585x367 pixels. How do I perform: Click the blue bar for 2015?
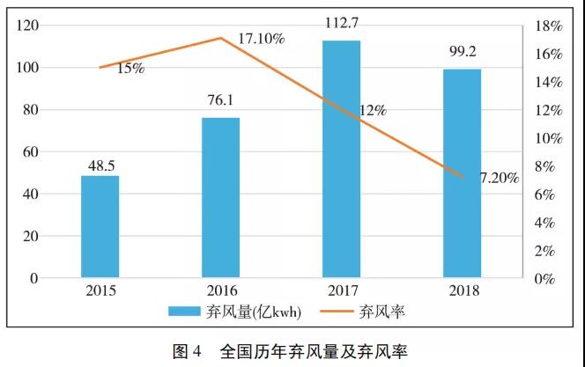(100, 227)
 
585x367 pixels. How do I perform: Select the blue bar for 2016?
(220, 198)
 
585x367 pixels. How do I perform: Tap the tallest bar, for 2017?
(341, 159)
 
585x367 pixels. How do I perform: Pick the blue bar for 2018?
(462, 173)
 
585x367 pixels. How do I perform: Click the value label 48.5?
(100, 165)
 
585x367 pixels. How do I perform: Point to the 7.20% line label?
(499, 178)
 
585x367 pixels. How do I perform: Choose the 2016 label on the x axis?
(220, 290)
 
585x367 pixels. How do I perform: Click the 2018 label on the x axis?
(462, 290)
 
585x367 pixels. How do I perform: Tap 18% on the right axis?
(551, 26)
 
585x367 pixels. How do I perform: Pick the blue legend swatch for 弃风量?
(186, 311)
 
